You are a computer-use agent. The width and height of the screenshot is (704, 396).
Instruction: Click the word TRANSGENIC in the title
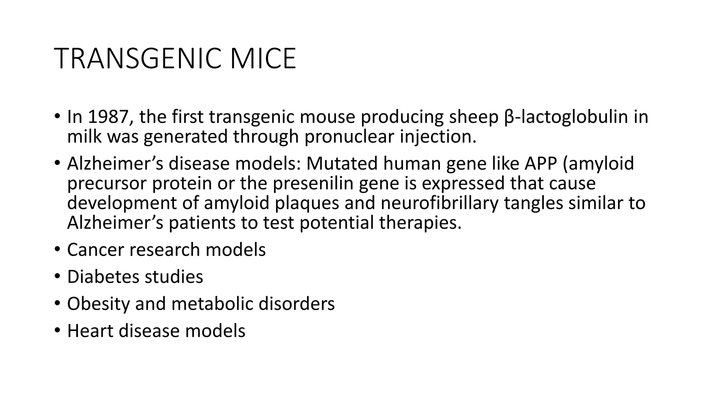tap(139, 59)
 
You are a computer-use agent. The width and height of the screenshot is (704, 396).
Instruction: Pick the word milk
tap(84, 136)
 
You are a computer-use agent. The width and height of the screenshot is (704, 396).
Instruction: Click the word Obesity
tap(98, 304)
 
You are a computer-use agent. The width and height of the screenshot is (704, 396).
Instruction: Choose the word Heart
tap(90, 331)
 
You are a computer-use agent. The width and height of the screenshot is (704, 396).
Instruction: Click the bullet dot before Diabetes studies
tap(57, 276)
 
